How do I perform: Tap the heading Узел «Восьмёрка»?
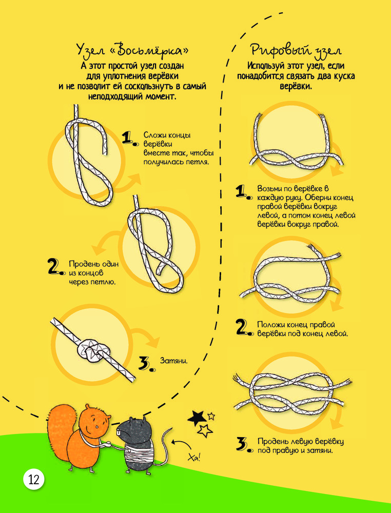[x=132, y=51]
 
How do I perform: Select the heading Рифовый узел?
[x=297, y=51]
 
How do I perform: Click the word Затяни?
[x=174, y=361]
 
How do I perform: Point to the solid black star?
[x=197, y=418]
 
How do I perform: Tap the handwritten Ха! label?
[x=194, y=457]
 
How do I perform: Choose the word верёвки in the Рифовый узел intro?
[x=297, y=87]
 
